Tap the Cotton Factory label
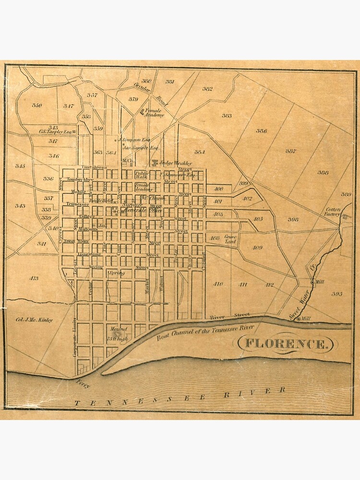[x=333, y=212]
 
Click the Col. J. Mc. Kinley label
[x=35, y=320]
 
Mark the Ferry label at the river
[x=83, y=383]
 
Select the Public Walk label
[x=142, y=175]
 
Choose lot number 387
[x=290, y=151]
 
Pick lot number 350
[x=37, y=105]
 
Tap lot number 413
[x=34, y=278]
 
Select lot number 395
[x=336, y=293]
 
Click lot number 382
[x=207, y=89]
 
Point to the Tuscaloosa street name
[x=92, y=167]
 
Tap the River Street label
[x=230, y=316]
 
